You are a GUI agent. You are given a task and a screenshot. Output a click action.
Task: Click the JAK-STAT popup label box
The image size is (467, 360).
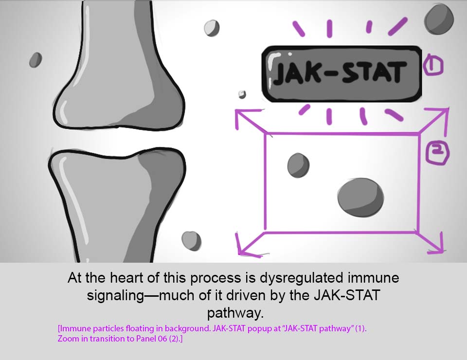(341, 73)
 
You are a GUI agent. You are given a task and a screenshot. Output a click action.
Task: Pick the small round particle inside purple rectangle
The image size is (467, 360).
(298, 165)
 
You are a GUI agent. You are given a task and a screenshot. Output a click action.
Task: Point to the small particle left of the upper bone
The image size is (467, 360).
(36, 59)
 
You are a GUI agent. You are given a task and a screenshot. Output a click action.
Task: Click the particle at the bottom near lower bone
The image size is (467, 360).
(191, 240)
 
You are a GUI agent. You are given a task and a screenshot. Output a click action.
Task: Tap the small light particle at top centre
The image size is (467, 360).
(211, 28)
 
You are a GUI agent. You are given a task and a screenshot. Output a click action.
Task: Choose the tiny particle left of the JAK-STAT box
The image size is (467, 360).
(242, 94)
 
